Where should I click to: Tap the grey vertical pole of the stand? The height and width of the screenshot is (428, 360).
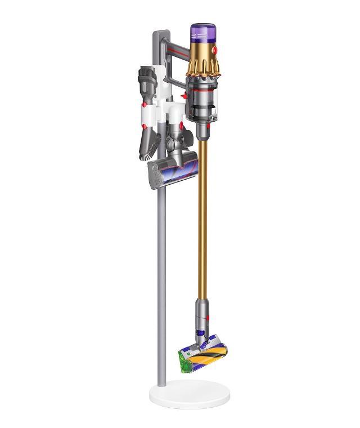162,282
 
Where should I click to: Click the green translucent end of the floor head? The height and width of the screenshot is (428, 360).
183,361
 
